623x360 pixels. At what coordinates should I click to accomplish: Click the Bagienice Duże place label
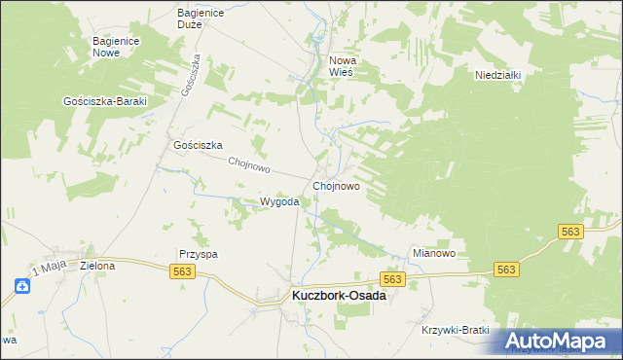(x=202, y=18)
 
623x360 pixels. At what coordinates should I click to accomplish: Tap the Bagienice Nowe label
(x=119, y=47)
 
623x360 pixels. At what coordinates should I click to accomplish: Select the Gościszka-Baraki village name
(x=104, y=101)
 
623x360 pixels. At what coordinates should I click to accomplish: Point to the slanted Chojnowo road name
(x=247, y=165)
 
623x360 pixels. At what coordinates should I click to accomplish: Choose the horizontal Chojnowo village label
(x=337, y=186)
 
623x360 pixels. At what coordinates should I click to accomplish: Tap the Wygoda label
(x=278, y=202)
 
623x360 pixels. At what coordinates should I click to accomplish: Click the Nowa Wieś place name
(x=343, y=66)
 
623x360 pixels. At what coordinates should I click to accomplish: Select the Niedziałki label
(x=500, y=74)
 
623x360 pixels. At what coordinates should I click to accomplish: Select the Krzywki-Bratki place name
(x=456, y=330)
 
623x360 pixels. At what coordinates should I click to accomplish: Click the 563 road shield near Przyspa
(x=186, y=271)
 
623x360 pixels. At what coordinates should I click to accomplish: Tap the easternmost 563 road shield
(x=571, y=231)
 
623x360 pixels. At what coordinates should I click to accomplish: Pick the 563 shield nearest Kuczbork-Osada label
(x=392, y=279)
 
